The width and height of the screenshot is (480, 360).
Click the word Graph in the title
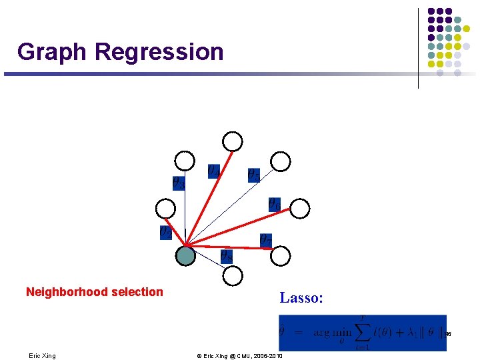click(x=53, y=52)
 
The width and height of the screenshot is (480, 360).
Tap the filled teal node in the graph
click(x=185, y=255)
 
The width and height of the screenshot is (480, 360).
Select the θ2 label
click(x=165, y=232)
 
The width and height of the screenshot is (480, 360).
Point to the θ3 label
click(x=179, y=182)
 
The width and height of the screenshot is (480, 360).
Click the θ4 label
click(x=213, y=171)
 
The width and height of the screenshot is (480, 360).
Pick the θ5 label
click(x=254, y=175)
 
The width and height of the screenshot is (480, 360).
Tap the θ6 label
click(x=274, y=204)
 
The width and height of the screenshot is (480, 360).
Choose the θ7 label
click(x=265, y=239)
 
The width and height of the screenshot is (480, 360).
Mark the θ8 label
click(x=227, y=255)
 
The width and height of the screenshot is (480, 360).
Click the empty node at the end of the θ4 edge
click(x=233, y=141)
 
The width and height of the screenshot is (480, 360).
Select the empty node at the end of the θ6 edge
click(x=301, y=209)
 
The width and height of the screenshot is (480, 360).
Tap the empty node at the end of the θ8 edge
click(x=233, y=275)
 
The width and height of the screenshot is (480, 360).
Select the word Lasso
click(x=301, y=298)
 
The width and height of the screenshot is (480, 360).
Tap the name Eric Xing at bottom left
click(x=43, y=356)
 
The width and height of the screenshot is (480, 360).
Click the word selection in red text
click(x=139, y=292)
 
